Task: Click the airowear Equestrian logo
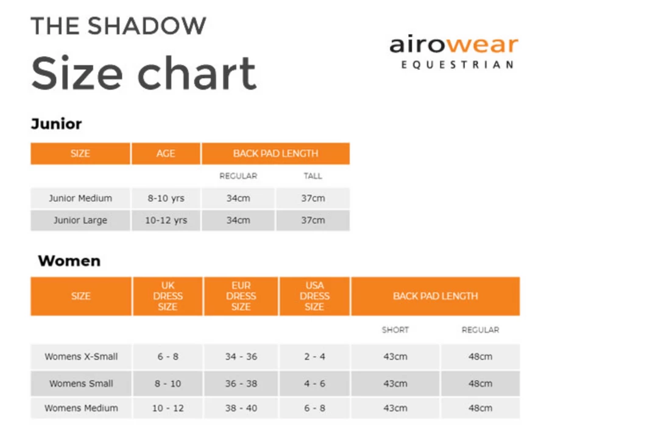pos(454,52)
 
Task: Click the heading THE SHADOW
pos(118,26)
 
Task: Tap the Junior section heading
pos(56,124)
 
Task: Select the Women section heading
pos(69,261)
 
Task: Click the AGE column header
pos(166,154)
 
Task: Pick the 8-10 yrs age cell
pos(166,198)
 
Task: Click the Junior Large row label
pos(80,220)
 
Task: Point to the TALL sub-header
pos(313,176)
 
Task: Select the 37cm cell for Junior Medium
pos(313,198)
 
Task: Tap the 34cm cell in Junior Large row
pos(238,220)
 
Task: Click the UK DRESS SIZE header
pos(168,296)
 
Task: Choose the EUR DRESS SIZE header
pos(241,296)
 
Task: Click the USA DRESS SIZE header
pos(314,296)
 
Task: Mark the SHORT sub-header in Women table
pos(395,330)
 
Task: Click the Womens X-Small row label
pos(81,356)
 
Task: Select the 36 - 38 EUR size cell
pos(241,384)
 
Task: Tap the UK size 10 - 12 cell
pos(168,408)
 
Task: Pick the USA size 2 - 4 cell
pos(314,356)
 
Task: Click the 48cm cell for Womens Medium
pos(480,408)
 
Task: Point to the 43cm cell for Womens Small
pos(395,384)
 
